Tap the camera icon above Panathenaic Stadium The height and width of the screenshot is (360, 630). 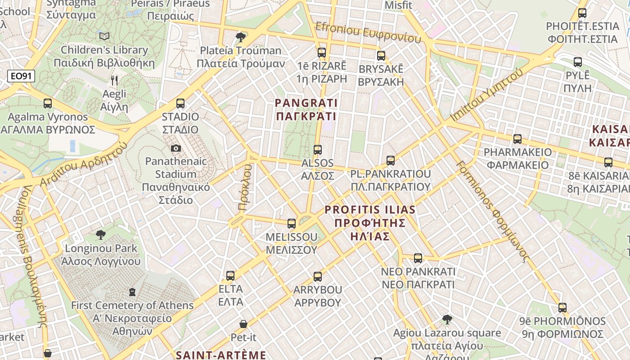[176, 148]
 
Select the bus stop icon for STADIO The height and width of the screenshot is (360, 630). [180, 103]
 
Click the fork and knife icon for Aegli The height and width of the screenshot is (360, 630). [114, 81]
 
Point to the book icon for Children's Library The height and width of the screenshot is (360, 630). [104, 36]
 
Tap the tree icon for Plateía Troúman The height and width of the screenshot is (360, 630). [241, 36]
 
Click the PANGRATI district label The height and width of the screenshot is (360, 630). [306, 110]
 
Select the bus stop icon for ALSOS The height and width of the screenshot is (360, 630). [318, 149]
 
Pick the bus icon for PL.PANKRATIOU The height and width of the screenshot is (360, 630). [391, 160]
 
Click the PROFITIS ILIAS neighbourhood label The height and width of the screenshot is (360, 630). [370, 223]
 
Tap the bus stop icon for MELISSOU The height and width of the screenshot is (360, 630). [292, 223]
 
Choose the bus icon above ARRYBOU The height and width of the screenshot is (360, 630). [318, 276]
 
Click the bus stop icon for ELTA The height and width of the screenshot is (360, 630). [230, 275]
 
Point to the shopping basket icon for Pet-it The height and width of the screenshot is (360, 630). [243, 324]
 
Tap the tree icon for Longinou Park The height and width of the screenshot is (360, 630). [101, 234]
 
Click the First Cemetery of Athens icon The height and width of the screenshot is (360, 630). [132, 292]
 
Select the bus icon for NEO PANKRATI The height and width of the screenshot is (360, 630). [418, 258]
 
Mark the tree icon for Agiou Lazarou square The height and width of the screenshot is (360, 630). [447, 319]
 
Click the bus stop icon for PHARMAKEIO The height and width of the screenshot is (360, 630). [517, 139]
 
